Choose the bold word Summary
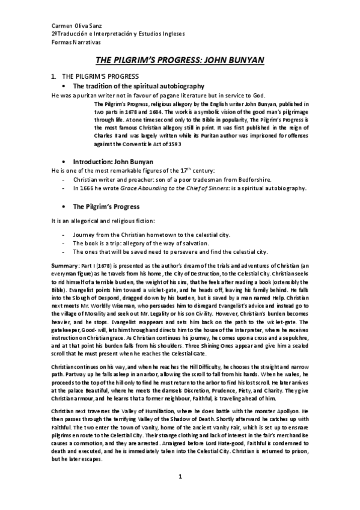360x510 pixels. [x=65, y=265]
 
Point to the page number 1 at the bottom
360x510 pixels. [x=180, y=493]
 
